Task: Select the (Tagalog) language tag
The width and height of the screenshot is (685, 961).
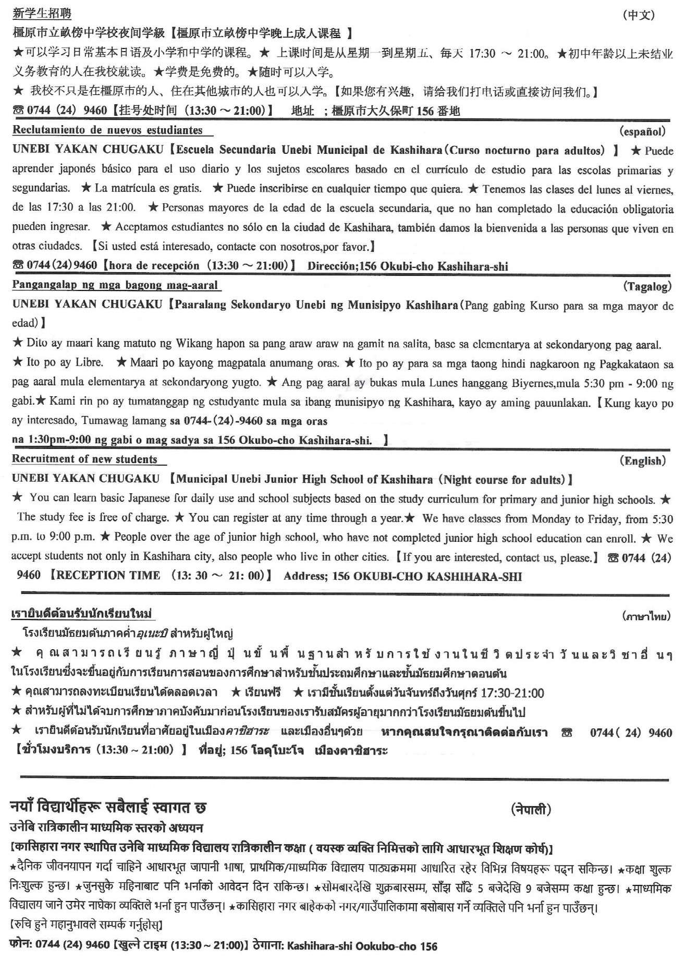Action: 647,286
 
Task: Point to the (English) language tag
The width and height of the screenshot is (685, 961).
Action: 642,460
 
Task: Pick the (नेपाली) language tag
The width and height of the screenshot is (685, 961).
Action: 531,809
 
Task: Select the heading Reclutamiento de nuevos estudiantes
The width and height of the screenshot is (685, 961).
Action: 107,130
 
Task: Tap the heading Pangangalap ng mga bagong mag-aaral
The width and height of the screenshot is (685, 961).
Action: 115,285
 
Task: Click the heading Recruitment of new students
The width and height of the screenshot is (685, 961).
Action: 84,459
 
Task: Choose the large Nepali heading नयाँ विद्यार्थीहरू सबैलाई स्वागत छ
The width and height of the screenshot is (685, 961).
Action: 108,808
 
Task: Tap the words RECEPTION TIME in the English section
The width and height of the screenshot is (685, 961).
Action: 108,575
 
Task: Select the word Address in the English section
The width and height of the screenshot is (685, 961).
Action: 304,576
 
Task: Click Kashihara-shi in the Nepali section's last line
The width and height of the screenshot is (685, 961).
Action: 320,945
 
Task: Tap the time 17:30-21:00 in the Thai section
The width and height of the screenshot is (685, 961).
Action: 512,693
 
